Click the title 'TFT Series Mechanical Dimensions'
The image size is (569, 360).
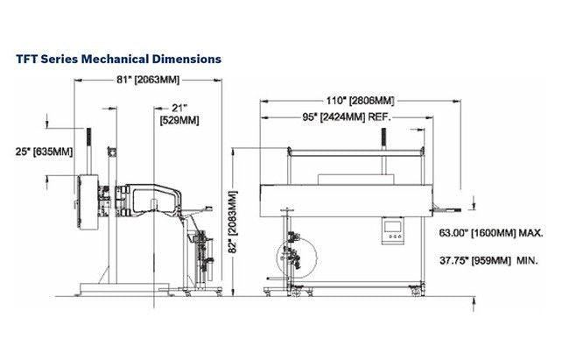coord(119,59)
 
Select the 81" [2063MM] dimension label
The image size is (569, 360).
coord(148,80)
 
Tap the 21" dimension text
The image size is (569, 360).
coord(179,108)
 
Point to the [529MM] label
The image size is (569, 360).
coord(179,120)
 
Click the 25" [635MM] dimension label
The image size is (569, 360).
coord(44,152)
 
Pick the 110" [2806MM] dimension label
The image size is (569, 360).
coord(360,101)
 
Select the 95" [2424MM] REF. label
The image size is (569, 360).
coord(347,117)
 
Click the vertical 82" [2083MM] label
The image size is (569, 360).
coord(234,222)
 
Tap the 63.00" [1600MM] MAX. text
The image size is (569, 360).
coord(491,233)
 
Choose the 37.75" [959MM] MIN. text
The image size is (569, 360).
coord(488,260)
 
